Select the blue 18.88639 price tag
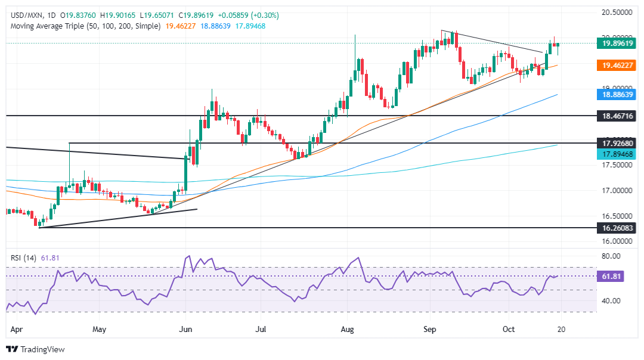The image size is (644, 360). point(613,94)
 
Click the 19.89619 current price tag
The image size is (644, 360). point(613,43)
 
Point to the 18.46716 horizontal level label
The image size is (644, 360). point(613,115)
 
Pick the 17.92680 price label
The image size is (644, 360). point(613,143)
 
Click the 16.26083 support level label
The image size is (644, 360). point(613,228)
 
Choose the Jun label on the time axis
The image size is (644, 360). point(185,328)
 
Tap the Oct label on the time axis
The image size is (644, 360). point(509,328)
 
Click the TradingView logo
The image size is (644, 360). point(35,349)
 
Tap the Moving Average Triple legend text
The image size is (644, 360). point(83,26)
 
